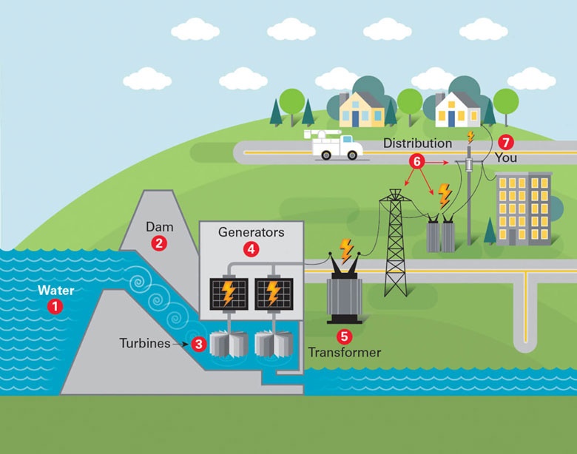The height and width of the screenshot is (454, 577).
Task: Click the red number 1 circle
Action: click(55, 306)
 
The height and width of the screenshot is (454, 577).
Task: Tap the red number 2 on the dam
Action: click(159, 243)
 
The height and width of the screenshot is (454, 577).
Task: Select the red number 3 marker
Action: click(199, 344)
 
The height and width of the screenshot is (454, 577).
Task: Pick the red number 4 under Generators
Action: click(251, 249)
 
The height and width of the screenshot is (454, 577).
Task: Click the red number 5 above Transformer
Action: click(344, 336)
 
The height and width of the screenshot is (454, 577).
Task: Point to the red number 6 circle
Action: click(417, 161)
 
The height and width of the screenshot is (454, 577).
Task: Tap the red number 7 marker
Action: click(506, 142)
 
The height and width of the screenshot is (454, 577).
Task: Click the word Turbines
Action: click(145, 343)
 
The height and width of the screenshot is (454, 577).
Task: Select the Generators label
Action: click(252, 232)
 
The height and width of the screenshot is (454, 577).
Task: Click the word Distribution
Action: click(418, 143)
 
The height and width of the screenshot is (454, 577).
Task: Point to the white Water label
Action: click(56, 291)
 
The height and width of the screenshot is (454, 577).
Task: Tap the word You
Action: click(506, 157)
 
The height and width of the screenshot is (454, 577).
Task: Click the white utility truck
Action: click(334, 144)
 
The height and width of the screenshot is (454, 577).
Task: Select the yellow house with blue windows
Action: click(361, 109)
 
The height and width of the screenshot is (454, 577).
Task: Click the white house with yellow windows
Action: click(458, 109)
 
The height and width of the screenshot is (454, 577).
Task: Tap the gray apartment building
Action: click(524, 209)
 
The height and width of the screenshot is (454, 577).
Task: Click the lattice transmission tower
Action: click(395, 243)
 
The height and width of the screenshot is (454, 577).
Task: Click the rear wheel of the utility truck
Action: click(326, 155)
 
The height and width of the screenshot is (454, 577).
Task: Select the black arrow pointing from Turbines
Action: click(181, 345)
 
